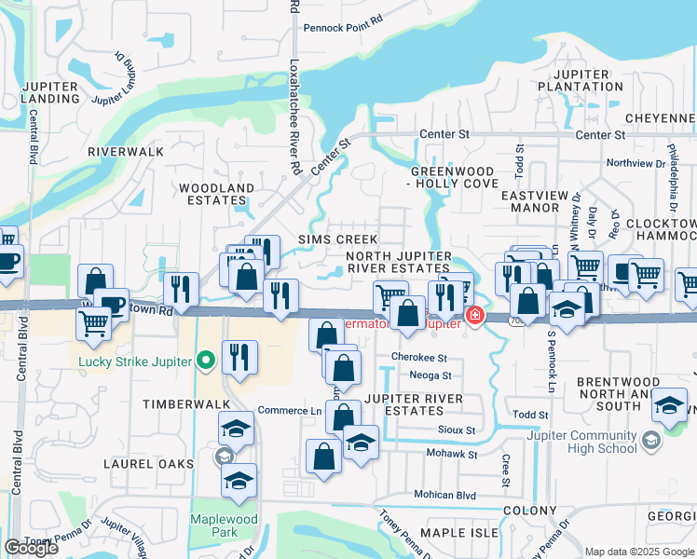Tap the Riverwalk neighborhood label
[x=126, y=151]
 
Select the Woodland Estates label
[x=216, y=193]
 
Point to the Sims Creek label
[x=325, y=239]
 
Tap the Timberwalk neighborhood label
[x=180, y=404]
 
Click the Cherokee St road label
[x=420, y=357]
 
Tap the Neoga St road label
[x=430, y=375]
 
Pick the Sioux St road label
[x=457, y=430]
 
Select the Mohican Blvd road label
[x=444, y=495]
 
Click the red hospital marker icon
[x=475, y=317]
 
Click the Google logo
[x=31, y=548]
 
